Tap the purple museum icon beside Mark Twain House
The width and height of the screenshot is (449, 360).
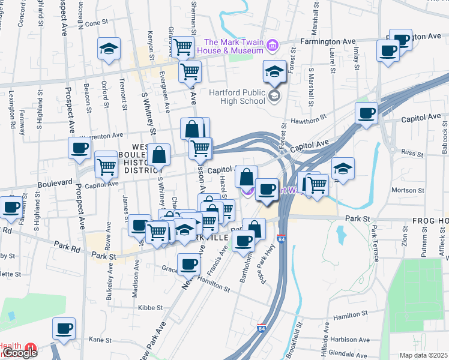pyautogui.click(x=272, y=46)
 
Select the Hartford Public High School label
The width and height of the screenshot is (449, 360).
pyautogui.click(x=238, y=97)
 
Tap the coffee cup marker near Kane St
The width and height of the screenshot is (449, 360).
pyautogui.click(x=64, y=328)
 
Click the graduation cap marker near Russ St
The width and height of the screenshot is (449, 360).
pyautogui.click(x=343, y=168)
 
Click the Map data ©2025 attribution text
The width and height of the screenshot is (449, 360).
pyautogui.click(x=424, y=355)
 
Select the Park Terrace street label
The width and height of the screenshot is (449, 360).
pyautogui.click(x=374, y=242)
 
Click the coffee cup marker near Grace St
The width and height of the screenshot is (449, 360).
pyautogui.click(x=188, y=263)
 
